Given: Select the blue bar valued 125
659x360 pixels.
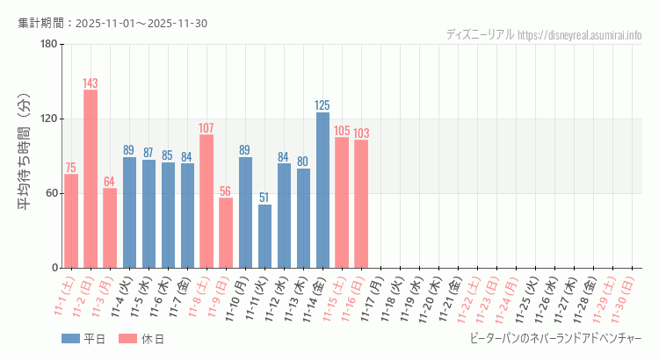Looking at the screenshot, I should coord(322,190).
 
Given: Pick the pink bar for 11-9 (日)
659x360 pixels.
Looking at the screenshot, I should coord(226,233).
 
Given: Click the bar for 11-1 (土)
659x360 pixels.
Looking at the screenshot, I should coord(71,220).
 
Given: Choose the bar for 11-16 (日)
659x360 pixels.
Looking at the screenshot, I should coord(361,204).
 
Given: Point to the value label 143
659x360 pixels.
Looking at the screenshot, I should coord(91,83).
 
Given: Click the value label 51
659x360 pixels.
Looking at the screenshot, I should coord(264,198).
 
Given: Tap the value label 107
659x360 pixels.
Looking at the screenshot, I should coord(206,128).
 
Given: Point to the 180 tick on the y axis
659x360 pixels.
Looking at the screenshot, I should coord(48,44).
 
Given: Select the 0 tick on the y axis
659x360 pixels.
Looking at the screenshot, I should coord(54,268).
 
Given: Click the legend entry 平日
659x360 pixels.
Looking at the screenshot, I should coord(84,339).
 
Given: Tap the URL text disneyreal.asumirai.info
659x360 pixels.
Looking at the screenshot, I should coord(579,35).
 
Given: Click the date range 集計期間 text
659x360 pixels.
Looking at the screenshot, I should coord(112,23).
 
